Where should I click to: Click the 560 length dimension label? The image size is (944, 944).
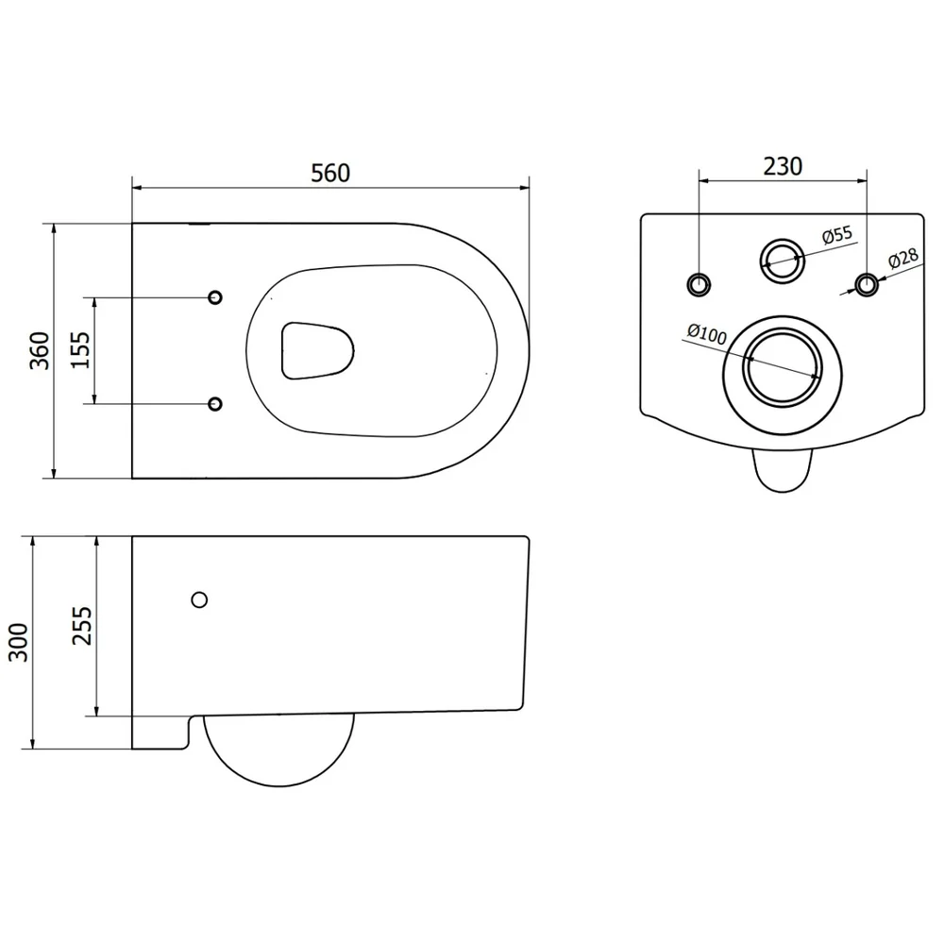click(329, 174)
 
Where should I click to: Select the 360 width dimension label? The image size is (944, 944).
click(40, 350)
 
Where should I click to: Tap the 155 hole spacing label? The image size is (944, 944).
click(80, 350)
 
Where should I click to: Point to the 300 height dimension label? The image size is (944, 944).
click(18, 642)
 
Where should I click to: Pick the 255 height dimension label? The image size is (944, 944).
click(82, 626)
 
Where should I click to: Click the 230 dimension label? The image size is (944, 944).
click(783, 167)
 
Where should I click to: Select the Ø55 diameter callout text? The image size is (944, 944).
click(837, 235)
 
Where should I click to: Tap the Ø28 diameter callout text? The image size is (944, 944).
click(903, 257)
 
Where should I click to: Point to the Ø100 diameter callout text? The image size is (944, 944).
click(707, 333)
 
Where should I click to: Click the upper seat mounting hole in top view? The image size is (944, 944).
click(215, 296)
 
